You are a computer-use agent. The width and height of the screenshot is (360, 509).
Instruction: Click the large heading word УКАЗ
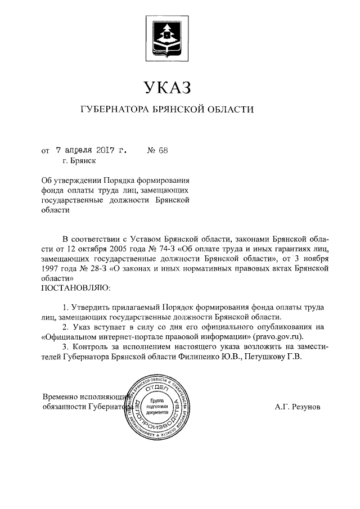(168, 88)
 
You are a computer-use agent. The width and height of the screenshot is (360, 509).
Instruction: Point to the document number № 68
(157, 150)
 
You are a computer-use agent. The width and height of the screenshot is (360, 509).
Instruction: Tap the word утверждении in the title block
(76, 181)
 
